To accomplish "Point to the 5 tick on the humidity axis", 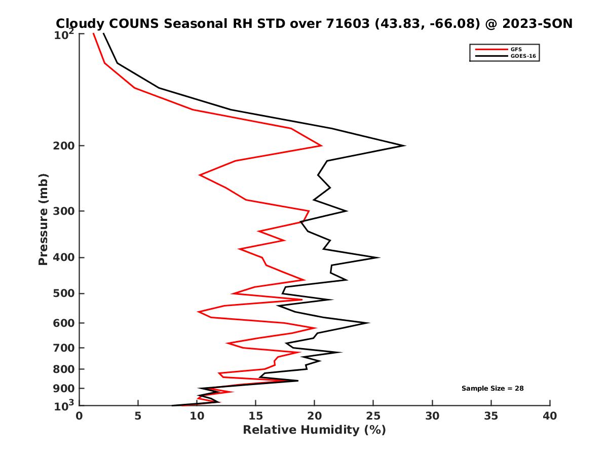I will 138,416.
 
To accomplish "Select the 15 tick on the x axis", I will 255,416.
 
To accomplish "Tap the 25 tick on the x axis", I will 373,416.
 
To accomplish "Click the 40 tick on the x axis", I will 550,416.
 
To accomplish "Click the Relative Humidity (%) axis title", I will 314,430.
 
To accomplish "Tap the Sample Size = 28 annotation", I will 492,388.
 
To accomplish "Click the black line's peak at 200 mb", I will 404,145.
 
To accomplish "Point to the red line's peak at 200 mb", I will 321,146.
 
